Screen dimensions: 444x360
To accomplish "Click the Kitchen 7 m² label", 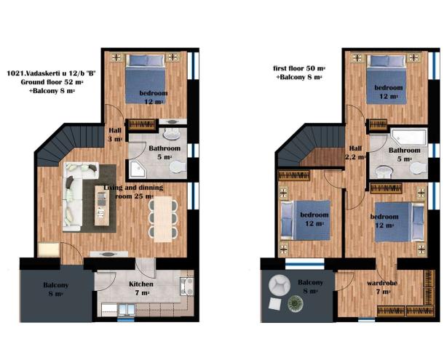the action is tap(141, 289).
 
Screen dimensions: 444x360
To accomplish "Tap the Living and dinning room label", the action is tap(133, 191).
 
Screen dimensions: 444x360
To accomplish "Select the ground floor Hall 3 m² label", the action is tap(115, 135).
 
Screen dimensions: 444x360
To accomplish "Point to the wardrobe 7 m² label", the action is tap(382, 287).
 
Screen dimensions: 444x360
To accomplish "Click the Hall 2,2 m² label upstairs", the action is tap(355, 153).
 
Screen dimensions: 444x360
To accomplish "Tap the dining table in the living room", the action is tap(163, 220).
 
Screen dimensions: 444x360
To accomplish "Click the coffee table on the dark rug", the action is tap(102, 206).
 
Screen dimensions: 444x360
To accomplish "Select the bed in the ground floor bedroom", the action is tap(145, 79).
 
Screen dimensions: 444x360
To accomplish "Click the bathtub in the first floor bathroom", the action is tap(408, 137).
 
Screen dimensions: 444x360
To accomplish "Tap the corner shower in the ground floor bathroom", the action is tap(138, 169).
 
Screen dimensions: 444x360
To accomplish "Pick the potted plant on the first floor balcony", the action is tap(296, 304).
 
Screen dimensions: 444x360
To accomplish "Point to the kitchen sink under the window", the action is tap(127, 309).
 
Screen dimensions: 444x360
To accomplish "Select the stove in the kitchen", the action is tap(187, 286).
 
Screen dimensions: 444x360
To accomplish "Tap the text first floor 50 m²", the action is tap(299, 68).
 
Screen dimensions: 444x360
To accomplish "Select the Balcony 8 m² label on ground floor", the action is tap(56, 289).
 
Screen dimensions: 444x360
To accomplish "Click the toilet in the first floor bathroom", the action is tap(419, 167).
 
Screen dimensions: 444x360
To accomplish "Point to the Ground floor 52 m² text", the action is tap(52, 82).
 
